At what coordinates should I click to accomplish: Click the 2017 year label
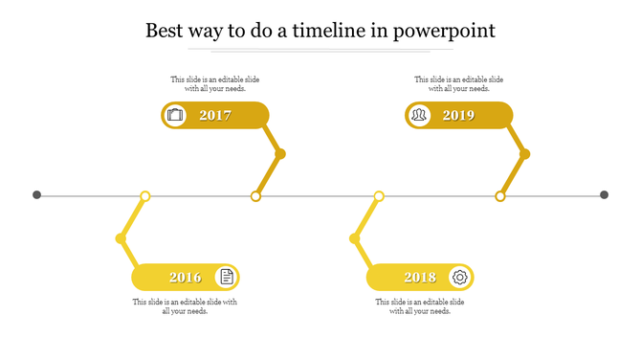click(215, 116)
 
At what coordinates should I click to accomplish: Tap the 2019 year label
click(458, 116)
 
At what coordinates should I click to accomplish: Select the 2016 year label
click(186, 278)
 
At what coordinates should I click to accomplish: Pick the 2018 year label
click(420, 278)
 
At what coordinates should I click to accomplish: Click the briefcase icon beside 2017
click(175, 116)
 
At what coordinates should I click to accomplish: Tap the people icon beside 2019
click(419, 116)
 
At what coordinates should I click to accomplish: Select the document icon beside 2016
click(227, 278)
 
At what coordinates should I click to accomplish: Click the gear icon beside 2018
click(460, 278)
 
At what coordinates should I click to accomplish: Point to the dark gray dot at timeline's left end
click(37, 195)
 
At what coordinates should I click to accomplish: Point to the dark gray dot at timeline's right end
click(604, 195)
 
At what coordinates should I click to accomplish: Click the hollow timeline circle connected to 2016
click(145, 196)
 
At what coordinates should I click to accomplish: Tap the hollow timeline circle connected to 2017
click(255, 196)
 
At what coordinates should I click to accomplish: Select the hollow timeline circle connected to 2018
click(379, 196)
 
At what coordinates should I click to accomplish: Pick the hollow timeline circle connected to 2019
click(499, 196)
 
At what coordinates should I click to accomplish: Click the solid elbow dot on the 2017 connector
click(280, 154)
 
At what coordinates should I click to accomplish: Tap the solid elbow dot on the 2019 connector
click(524, 154)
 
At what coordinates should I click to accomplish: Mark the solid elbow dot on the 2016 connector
click(121, 238)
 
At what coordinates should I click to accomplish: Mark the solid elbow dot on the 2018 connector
click(355, 238)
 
